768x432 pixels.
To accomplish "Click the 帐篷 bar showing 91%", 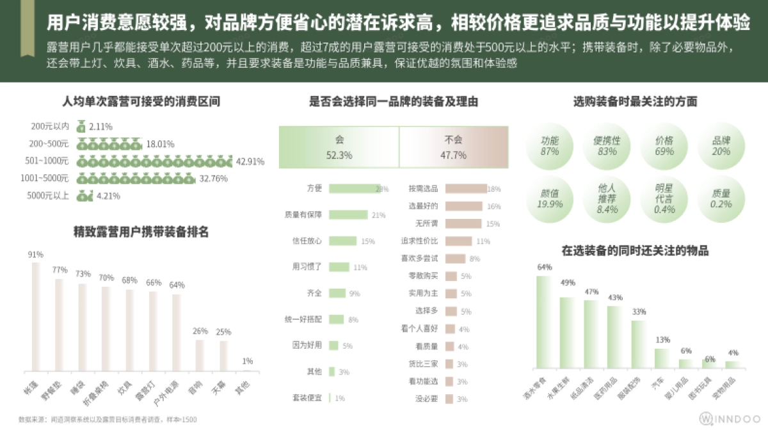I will click(36, 316).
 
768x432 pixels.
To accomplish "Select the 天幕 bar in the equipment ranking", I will click(223, 355).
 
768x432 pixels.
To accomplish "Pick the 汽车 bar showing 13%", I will click(661, 358).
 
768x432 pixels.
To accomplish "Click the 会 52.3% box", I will click(339, 147).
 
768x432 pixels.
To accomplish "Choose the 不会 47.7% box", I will click(454, 147).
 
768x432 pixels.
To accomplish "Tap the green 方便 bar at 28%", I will click(355, 189).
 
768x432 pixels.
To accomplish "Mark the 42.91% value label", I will click(250, 161).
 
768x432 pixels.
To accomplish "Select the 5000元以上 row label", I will click(48, 196).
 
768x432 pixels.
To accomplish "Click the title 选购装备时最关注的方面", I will click(635, 102).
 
